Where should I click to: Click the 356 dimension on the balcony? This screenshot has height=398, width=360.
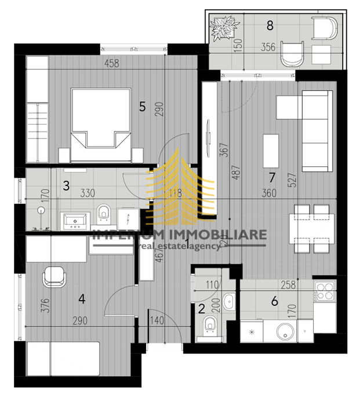[x=268, y=48]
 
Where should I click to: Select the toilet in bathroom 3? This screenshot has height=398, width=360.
[x=104, y=213]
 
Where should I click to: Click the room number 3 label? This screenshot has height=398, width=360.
[x=66, y=186]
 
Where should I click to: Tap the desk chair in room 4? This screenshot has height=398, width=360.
[x=54, y=276]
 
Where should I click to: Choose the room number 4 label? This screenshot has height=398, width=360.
[x=82, y=300]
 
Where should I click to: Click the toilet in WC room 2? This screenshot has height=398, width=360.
[x=210, y=328]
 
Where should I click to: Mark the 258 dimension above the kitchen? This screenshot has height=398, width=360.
[x=288, y=285]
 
